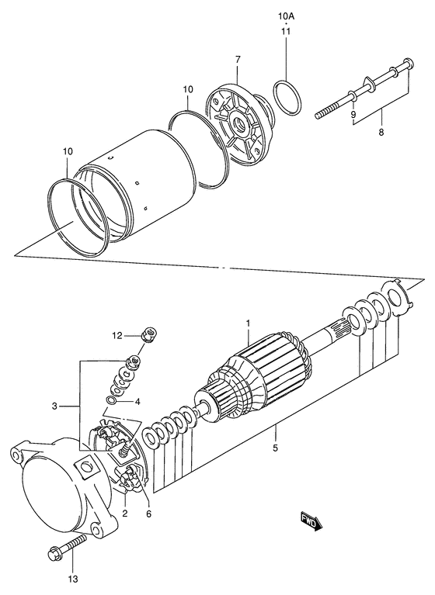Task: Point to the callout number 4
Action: coord(137,402)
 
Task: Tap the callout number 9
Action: coord(354,115)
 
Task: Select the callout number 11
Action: coord(285,32)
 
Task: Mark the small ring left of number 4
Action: coord(113,402)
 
